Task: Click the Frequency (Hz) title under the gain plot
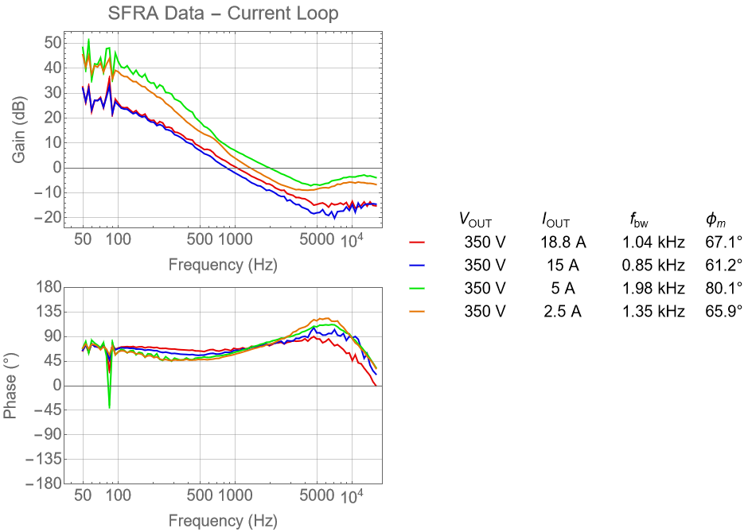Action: (223, 264)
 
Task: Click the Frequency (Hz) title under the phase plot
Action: (223, 521)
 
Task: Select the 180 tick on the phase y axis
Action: (49, 287)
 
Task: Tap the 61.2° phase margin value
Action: (723, 265)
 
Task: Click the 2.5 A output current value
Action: (561, 311)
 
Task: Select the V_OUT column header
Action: (476, 219)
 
